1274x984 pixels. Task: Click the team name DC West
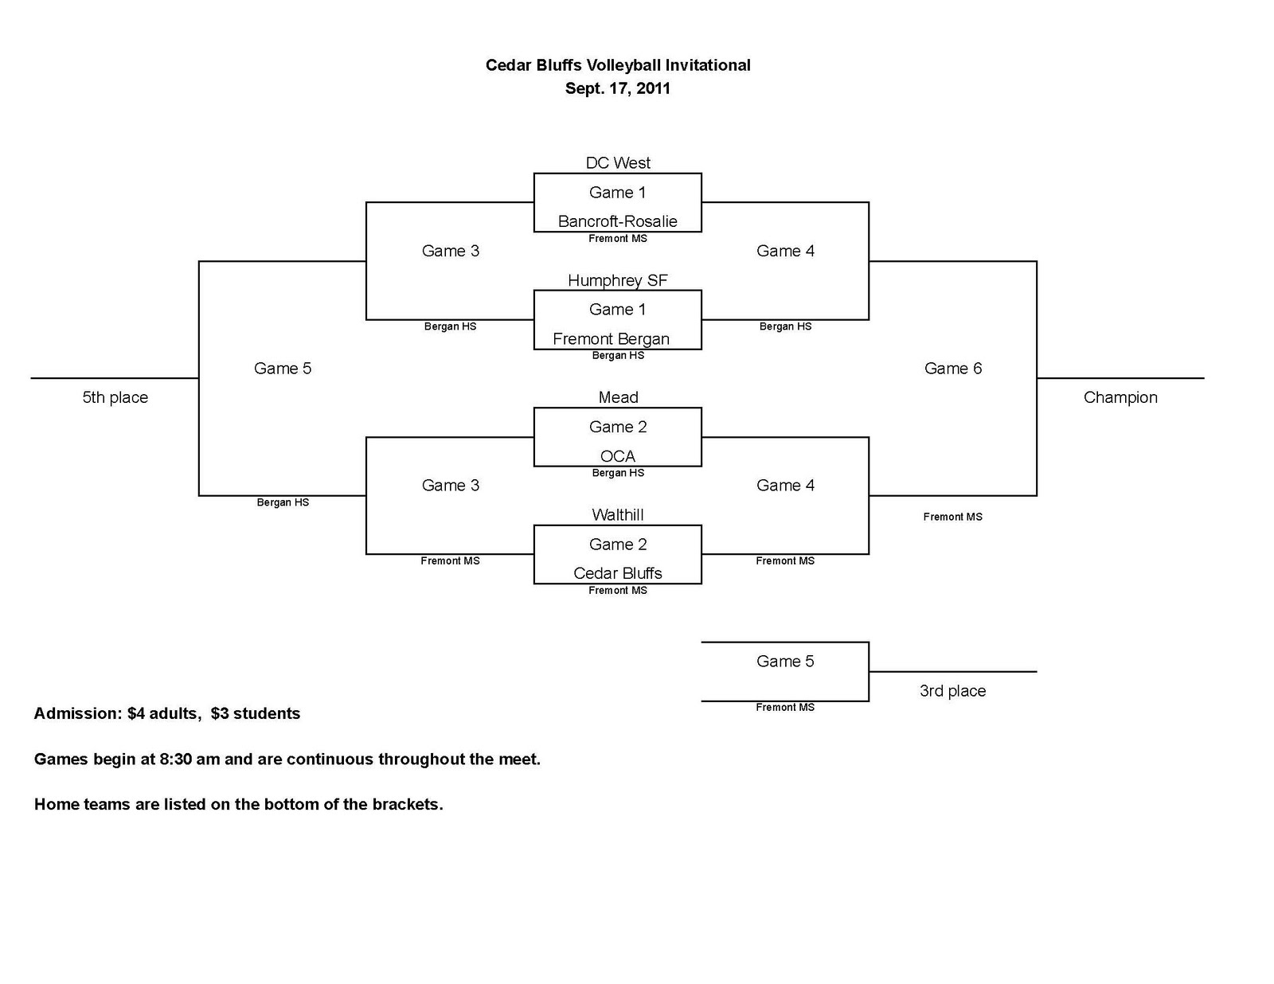(618, 163)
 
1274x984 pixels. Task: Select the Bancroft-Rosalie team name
(617, 221)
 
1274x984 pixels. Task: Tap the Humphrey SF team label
(617, 280)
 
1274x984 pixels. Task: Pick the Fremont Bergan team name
(611, 339)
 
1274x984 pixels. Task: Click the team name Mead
(618, 397)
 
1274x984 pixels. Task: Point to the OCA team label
(617, 456)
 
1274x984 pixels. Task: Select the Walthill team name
(617, 515)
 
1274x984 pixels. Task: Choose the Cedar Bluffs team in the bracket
(617, 573)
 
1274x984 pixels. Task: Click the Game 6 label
(952, 369)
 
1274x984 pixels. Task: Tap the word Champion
(1120, 397)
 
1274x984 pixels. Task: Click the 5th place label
(115, 397)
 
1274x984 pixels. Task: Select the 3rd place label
(952, 691)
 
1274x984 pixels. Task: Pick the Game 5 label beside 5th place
(282, 369)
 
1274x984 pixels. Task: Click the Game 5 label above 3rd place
(784, 662)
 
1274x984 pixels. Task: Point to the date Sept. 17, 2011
(617, 88)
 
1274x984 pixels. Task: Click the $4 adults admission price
(162, 713)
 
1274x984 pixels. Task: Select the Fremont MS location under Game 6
(952, 517)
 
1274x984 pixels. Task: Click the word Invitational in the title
(708, 65)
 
